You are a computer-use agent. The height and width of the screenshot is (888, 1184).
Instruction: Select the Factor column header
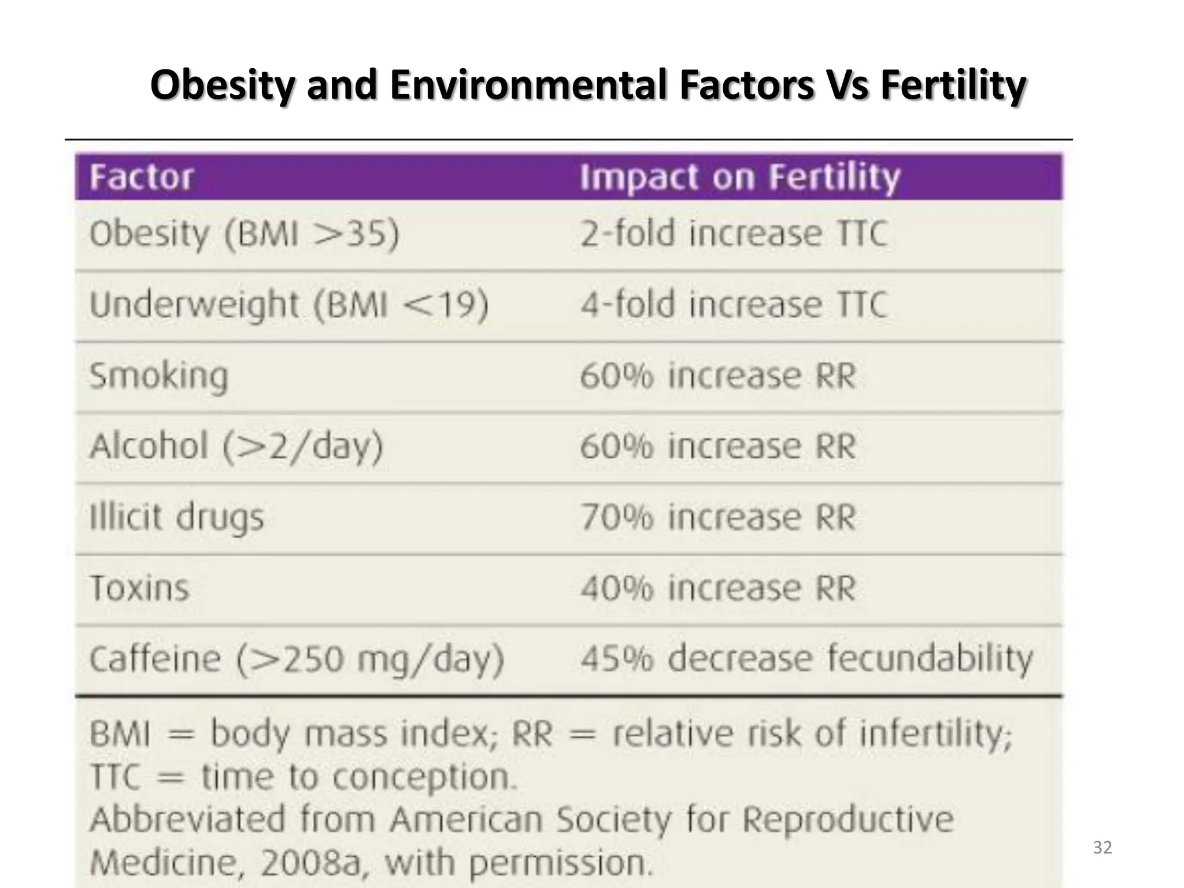142,177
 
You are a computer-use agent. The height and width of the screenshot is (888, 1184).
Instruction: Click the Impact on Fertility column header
740,177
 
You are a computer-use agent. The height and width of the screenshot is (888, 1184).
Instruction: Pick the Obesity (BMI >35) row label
244,234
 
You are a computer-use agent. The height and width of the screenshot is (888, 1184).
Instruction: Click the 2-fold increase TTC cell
733,234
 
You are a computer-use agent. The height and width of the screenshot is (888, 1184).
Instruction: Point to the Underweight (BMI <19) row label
289,305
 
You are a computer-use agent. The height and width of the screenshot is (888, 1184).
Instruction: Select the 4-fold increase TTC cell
733,305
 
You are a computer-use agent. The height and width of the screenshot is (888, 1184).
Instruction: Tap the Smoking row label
159,376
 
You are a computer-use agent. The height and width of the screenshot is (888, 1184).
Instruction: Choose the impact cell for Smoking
717,376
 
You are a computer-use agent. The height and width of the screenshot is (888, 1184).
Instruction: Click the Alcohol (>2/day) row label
236,446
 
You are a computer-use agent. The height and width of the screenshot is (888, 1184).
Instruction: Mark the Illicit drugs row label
177,517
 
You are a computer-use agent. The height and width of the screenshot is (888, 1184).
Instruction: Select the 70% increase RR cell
717,517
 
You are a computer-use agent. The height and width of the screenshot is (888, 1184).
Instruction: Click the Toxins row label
140,588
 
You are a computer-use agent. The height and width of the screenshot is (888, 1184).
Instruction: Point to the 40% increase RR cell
717,588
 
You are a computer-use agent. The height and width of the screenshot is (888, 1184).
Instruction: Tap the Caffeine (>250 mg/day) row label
297,659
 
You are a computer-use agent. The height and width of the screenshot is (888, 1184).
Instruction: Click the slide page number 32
1102,848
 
